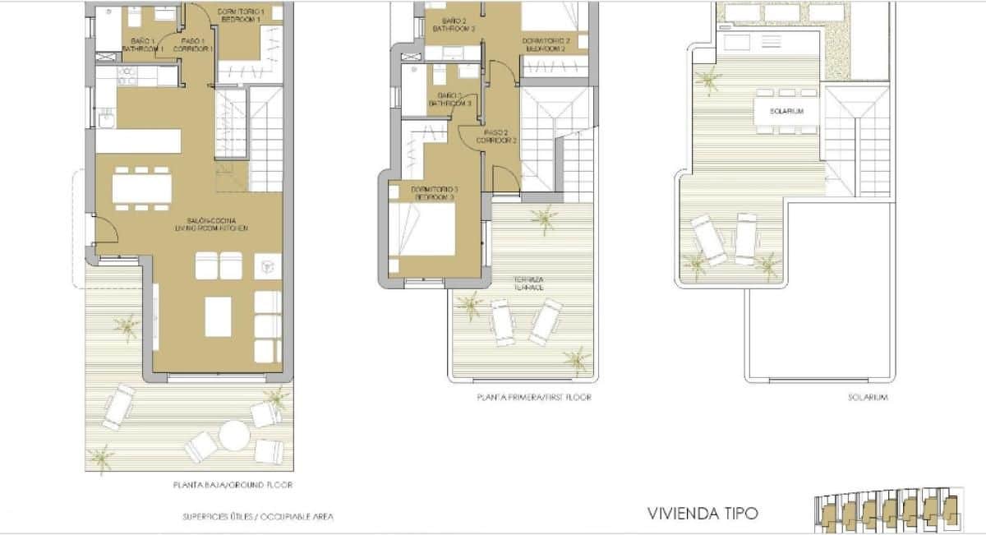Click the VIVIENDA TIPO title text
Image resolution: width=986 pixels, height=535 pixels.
(x=703, y=514)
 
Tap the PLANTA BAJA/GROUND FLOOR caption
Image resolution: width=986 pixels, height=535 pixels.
(x=233, y=485)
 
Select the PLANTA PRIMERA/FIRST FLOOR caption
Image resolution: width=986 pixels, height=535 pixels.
(x=533, y=398)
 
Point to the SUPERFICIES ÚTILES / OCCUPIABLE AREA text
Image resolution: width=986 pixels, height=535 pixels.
(x=257, y=517)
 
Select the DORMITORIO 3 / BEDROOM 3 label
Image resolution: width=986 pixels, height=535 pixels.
(x=433, y=194)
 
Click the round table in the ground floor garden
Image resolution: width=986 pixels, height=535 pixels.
(x=233, y=435)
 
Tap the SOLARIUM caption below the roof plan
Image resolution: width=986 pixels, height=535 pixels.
(x=869, y=398)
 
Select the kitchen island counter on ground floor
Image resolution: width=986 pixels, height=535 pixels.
(x=138, y=141)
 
